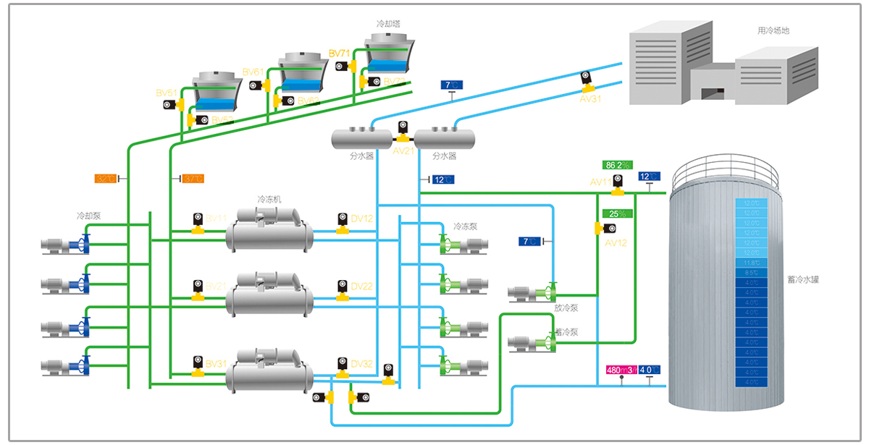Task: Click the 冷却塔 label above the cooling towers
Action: (387, 24)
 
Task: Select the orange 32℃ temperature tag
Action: (106, 179)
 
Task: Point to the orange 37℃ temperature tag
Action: (193, 179)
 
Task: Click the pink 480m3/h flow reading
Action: (621, 370)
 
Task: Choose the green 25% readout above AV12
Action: (618, 213)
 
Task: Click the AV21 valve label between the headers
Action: (403, 152)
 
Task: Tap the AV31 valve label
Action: (590, 99)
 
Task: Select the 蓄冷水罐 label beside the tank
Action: (805, 279)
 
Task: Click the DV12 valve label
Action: (361, 218)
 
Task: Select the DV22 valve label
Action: (361, 287)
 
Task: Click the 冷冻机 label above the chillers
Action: (269, 199)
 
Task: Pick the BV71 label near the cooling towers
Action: (339, 54)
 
